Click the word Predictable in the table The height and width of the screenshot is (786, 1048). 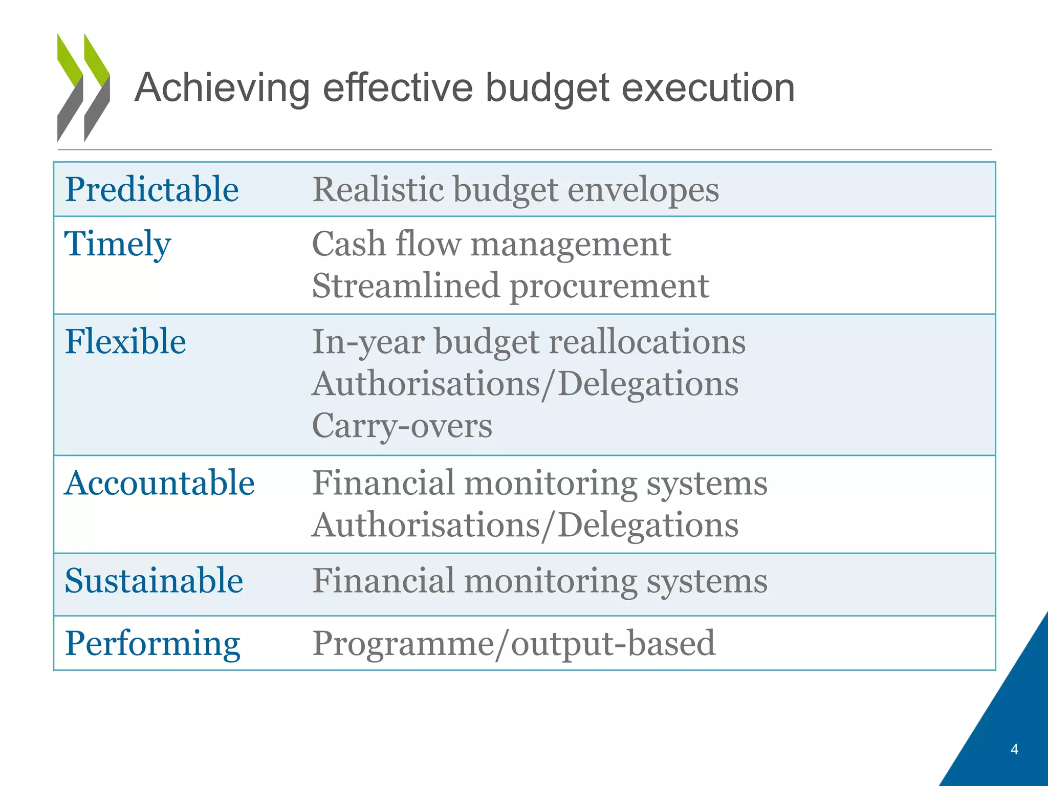[x=152, y=189]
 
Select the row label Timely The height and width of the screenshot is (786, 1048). [x=117, y=244]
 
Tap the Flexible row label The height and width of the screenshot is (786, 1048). [x=125, y=341]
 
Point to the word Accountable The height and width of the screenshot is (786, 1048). [x=159, y=483]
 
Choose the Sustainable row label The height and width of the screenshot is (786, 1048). [x=154, y=581]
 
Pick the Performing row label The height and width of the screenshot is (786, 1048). [x=152, y=643]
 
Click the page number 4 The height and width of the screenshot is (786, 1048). [x=1014, y=749]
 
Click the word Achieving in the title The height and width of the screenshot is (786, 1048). [x=222, y=88]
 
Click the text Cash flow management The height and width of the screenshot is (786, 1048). [x=491, y=244]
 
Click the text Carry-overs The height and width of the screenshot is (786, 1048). [x=402, y=426]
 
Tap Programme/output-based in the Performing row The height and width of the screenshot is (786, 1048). [x=513, y=643]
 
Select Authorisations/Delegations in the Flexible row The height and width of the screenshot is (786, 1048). [x=525, y=384]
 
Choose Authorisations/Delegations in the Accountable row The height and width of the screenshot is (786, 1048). [x=525, y=525]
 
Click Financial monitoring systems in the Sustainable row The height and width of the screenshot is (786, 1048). [x=540, y=581]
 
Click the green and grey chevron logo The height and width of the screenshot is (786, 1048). [x=83, y=88]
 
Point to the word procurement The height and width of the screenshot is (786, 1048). [x=609, y=286]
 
